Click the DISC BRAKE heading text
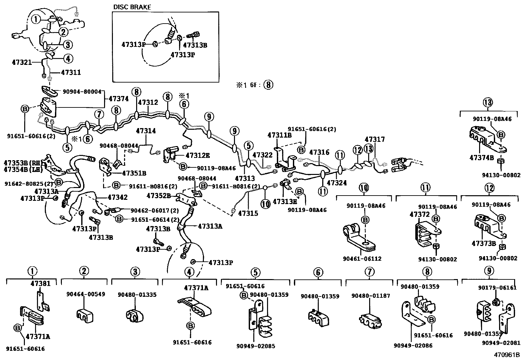[x=132, y=7]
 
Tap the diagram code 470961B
[x=507, y=354]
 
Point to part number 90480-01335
[x=137, y=295]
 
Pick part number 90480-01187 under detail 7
[x=370, y=296]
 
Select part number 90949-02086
[x=413, y=345]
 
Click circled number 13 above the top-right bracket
[x=487, y=103]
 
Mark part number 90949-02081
[x=501, y=343]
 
